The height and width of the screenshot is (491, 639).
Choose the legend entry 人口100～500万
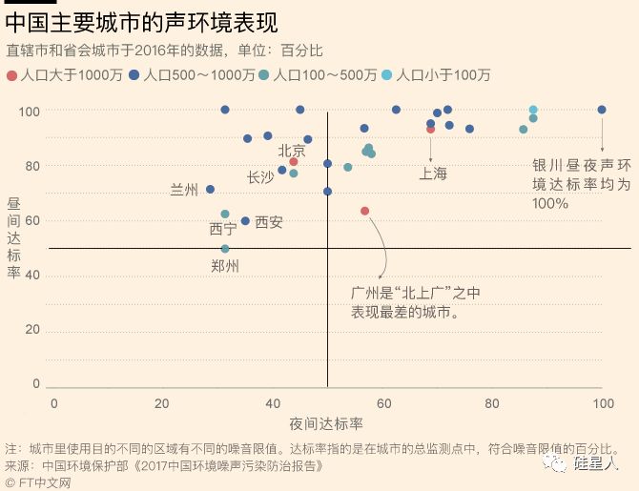click(x=325, y=74)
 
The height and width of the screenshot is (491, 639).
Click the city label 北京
click(x=292, y=151)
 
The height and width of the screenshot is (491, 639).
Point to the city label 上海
click(x=433, y=174)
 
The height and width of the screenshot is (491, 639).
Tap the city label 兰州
click(x=184, y=190)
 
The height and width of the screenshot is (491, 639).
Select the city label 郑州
click(x=225, y=265)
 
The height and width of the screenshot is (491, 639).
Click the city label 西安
click(x=269, y=222)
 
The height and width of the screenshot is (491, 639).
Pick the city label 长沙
click(x=260, y=176)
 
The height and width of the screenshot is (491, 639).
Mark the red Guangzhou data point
click(x=364, y=211)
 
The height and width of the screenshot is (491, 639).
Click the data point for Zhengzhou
click(x=225, y=249)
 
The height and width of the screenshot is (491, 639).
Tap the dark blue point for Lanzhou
click(x=210, y=190)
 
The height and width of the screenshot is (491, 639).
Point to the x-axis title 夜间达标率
click(x=326, y=422)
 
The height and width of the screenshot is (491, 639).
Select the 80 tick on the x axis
click(x=491, y=403)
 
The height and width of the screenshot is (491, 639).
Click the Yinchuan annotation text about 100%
click(x=568, y=184)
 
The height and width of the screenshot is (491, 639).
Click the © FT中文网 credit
click(x=38, y=482)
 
